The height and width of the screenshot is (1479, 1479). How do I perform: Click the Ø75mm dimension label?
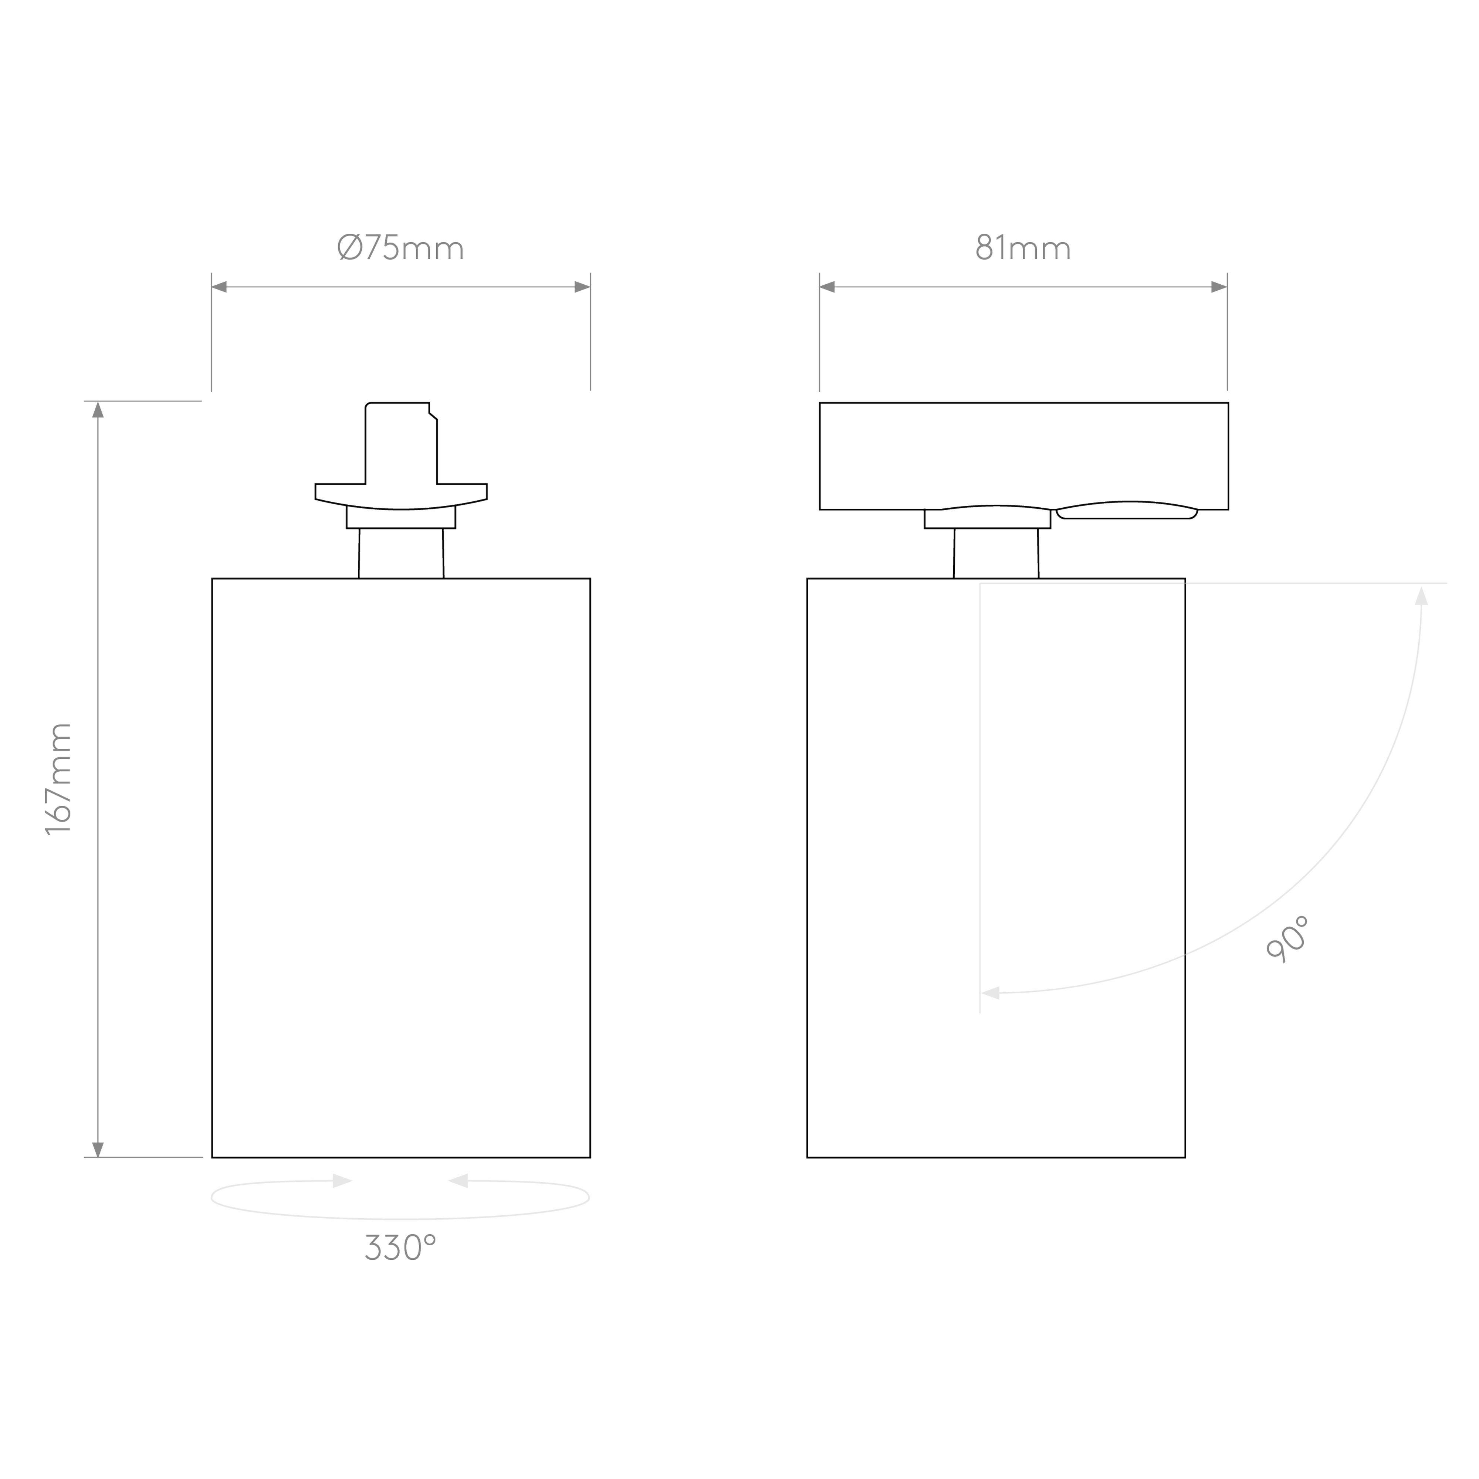(x=400, y=247)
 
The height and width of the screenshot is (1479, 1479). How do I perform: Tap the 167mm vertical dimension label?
(x=59, y=779)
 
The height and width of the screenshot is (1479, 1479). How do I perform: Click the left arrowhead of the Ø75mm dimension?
(x=219, y=287)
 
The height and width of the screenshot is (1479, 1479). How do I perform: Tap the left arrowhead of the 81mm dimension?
(x=827, y=287)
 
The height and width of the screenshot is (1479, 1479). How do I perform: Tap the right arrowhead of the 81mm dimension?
(x=1219, y=287)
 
